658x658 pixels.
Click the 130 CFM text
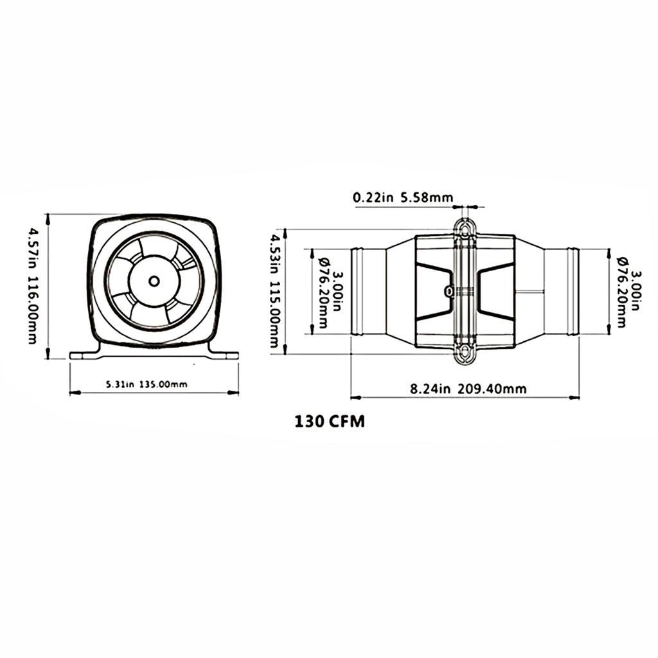point(330,422)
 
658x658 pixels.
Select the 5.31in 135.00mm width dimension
point(147,384)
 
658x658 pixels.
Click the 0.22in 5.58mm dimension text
point(403,198)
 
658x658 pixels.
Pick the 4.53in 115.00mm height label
point(275,290)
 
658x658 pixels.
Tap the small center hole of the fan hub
point(154,281)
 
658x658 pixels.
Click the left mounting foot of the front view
point(84,353)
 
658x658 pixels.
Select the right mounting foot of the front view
point(224,353)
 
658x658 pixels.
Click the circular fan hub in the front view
point(154,281)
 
